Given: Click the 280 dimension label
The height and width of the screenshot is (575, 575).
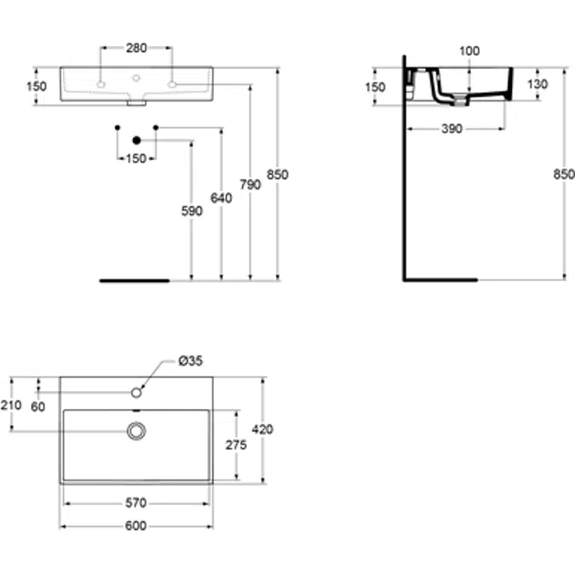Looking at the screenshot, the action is tap(136, 48).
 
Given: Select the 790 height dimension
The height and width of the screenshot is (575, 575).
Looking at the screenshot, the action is tap(250, 185).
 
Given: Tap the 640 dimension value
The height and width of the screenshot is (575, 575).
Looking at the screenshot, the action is tap(221, 198).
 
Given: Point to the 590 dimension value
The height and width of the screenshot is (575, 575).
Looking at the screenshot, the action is tap(192, 211).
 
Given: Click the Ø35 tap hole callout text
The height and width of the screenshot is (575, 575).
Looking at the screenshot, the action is tap(190, 361).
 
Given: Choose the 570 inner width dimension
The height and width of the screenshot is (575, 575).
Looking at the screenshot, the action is tap(136, 503).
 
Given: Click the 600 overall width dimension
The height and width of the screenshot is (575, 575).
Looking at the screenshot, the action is tap(135, 526).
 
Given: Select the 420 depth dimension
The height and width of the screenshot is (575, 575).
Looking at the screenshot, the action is tap(262, 429).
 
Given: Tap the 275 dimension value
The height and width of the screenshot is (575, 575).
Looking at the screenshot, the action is tap(236, 445).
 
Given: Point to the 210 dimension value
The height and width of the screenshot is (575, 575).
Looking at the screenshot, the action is tap(11, 405).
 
